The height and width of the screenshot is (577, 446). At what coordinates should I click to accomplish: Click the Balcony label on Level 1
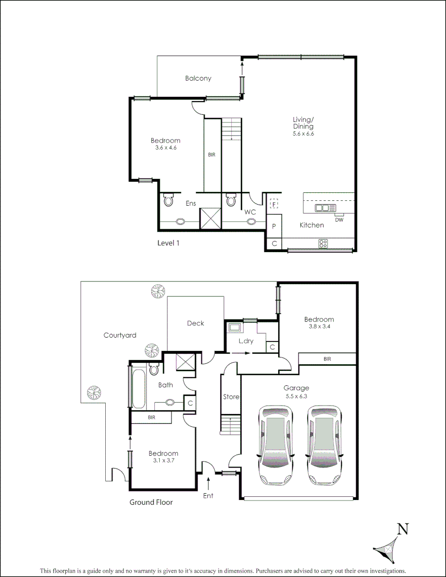coord(198,79)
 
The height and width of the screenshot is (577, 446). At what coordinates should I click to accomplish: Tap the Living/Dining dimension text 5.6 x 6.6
coord(303,134)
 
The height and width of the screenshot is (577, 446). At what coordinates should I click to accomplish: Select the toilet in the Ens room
coord(169,200)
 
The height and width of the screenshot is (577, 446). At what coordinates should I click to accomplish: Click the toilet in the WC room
coord(231,200)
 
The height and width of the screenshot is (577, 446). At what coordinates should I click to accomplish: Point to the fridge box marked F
coord(274,204)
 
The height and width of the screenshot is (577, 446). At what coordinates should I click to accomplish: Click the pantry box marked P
coord(274,226)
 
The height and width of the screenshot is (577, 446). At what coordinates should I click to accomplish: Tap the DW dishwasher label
coord(339,220)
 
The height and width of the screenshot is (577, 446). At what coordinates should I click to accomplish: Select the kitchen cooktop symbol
coord(323,244)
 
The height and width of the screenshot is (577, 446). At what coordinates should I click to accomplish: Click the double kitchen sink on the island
coord(325,208)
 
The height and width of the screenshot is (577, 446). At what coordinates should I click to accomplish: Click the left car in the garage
coord(275,445)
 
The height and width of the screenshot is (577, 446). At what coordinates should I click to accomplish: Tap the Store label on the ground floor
coord(231,397)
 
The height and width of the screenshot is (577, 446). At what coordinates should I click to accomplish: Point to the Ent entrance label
coord(208,496)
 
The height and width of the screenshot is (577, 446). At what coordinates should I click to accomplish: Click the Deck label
coord(195,323)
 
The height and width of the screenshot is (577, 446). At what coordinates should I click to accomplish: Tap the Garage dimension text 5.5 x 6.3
coord(297,396)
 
